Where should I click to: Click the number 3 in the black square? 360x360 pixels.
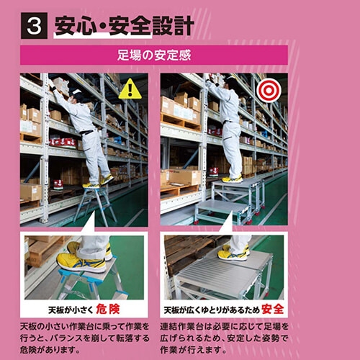pyautogui.click(x=32, y=27)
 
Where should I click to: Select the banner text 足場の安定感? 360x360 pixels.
pyautogui.click(x=153, y=55)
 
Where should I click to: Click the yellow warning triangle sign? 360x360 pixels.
pyautogui.click(x=130, y=89)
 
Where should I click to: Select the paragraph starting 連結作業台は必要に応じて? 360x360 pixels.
pyautogui.click(x=224, y=337)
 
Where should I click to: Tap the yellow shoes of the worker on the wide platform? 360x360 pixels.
pyautogui.click(x=232, y=178)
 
